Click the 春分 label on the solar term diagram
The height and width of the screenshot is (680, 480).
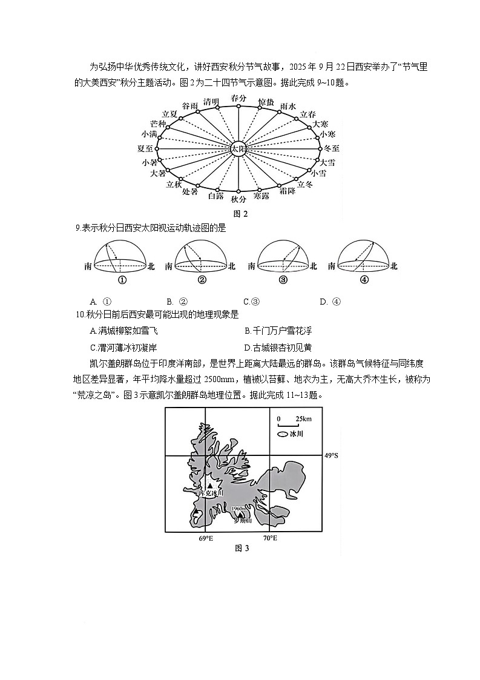[x=238, y=98]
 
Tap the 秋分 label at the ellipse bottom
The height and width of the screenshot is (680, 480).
[x=238, y=199]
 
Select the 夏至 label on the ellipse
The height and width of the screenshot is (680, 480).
[x=145, y=148]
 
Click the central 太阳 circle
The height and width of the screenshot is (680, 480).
[x=238, y=148]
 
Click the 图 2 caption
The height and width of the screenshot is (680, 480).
[x=240, y=213]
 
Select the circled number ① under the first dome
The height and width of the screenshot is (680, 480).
[x=122, y=280]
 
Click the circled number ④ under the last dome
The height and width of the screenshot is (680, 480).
[x=364, y=280]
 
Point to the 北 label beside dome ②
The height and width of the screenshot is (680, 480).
[x=233, y=266]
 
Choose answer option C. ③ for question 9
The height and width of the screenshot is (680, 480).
[x=251, y=302]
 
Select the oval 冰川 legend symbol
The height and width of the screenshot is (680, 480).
[x=282, y=435]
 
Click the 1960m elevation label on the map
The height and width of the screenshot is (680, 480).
[x=238, y=508]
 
